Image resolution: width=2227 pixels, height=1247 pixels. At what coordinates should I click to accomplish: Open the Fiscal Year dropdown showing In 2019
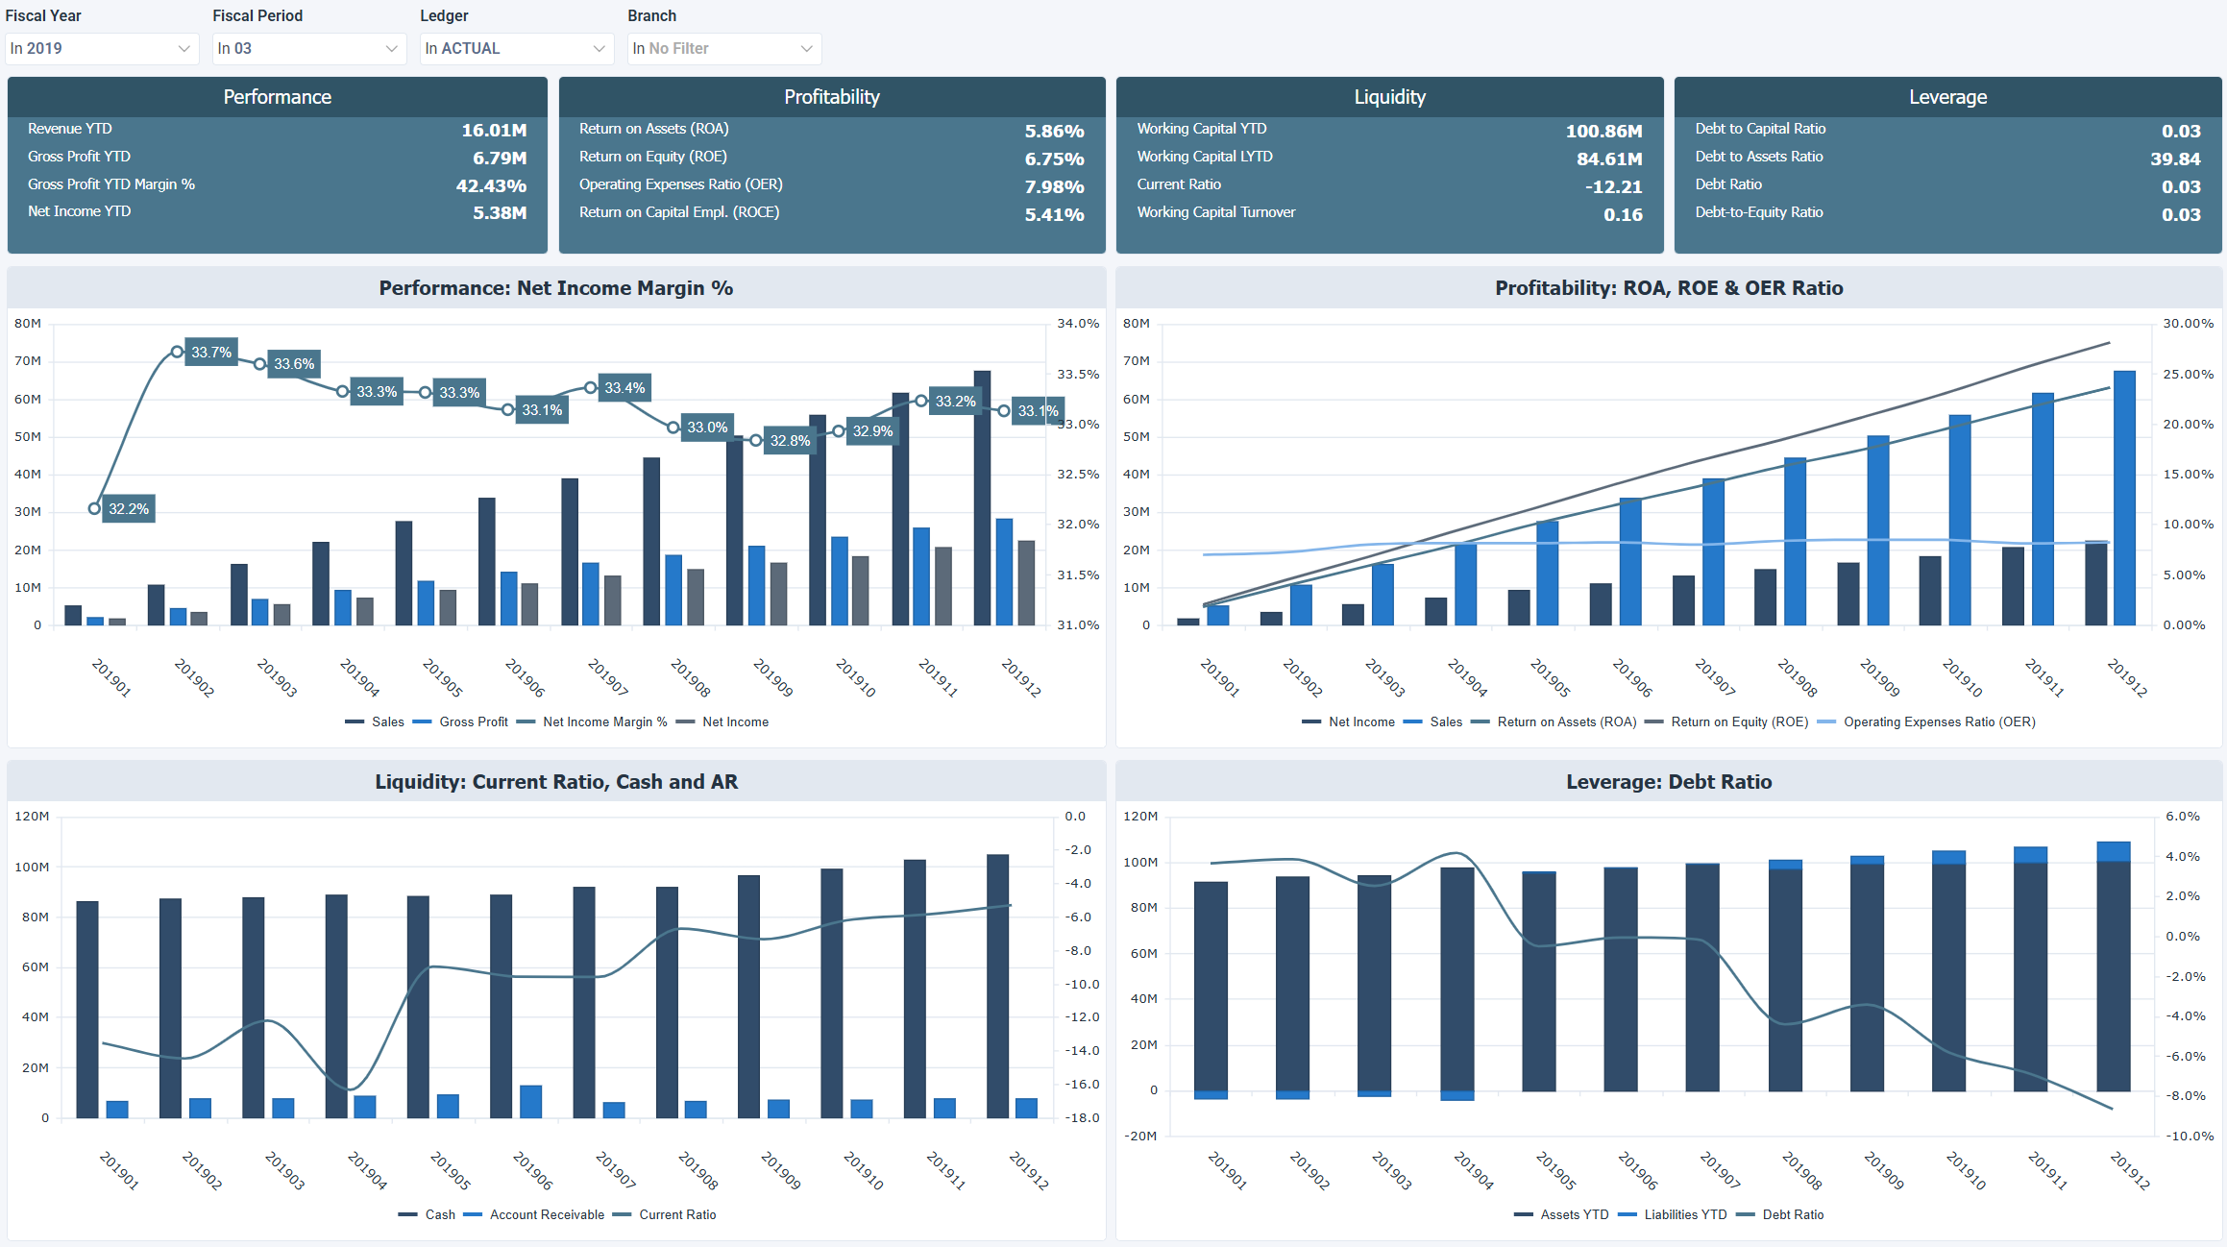coord(101,49)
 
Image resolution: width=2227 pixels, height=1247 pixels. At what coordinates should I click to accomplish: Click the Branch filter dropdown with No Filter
coord(723,49)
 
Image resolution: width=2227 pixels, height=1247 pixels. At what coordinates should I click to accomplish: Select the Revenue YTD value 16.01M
coord(494,131)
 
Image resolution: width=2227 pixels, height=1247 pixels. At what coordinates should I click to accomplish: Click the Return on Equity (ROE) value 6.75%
coord(1054,159)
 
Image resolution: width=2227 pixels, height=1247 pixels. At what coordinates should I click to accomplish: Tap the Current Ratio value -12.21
coord(1613,186)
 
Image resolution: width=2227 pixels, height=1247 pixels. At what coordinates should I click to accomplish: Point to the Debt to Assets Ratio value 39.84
coord(2174,159)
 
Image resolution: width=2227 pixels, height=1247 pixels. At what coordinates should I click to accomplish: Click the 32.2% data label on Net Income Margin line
coord(129,508)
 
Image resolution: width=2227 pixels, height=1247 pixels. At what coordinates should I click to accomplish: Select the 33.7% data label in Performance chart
coord(211,352)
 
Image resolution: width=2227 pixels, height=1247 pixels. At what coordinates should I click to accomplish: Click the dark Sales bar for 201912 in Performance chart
coord(982,500)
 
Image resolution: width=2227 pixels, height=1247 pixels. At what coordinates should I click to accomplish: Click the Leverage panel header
coord(1947,97)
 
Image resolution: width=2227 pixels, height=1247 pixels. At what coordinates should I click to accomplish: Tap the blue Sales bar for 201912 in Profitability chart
coord(2124,500)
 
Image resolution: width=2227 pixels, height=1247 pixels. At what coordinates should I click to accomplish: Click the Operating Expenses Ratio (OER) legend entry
coord(1938,722)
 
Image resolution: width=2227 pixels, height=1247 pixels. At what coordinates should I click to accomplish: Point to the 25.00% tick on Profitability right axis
coord(2188,374)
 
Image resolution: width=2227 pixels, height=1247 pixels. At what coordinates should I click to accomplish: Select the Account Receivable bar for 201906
coord(530,1102)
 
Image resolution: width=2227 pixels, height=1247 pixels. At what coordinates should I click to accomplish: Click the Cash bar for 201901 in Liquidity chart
coord(87,1009)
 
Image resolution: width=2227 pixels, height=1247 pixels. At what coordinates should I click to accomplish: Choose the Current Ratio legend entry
coord(676,1215)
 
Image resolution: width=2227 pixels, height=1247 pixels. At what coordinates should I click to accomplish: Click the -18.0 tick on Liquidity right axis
coord(1082,1117)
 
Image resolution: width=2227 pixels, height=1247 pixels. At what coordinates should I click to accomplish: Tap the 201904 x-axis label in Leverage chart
coord(1473,1170)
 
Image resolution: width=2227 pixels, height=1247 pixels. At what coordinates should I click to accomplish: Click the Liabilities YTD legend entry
coord(1684,1215)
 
